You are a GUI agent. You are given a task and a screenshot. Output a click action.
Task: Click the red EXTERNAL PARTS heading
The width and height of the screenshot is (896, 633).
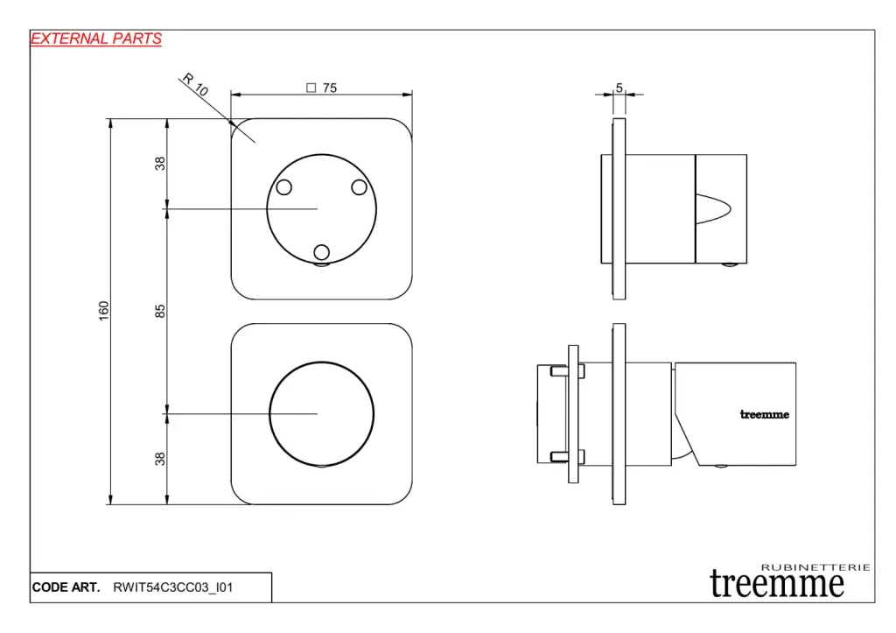[x=96, y=39]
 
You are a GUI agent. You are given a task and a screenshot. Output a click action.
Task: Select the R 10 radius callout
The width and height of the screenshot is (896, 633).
[x=195, y=85]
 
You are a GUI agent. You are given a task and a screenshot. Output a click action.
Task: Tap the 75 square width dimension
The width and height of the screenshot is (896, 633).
[x=330, y=88]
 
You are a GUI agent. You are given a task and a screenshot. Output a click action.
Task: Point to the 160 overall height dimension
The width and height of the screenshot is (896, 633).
[x=103, y=311]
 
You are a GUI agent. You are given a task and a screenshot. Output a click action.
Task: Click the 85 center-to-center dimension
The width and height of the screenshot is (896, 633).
[x=160, y=311]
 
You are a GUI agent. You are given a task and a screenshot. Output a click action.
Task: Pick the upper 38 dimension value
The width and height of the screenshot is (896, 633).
[x=160, y=164]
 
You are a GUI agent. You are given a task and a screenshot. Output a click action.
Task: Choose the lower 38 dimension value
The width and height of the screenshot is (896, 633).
[x=160, y=459]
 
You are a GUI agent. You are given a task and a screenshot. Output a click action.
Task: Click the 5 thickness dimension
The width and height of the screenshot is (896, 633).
[x=619, y=88]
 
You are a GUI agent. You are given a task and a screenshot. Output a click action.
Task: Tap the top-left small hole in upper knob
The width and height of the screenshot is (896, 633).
[x=284, y=187]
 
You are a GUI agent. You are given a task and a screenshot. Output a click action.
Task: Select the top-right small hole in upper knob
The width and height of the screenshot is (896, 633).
[x=360, y=187]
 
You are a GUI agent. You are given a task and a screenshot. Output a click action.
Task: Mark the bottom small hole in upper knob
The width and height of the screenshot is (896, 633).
[x=322, y=252]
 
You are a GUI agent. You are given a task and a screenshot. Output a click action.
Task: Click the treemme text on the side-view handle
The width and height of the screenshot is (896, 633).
[x=765, y=415]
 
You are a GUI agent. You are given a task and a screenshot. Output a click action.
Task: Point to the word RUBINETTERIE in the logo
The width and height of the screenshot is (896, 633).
[x=816, y=567]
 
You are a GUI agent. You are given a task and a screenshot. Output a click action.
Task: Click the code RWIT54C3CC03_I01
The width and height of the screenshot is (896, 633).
[x=173, y=587]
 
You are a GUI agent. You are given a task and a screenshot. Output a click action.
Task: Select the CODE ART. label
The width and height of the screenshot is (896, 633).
[x=66, y=587]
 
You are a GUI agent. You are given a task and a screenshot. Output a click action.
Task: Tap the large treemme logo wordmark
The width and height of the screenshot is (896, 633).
[x=777, y=584]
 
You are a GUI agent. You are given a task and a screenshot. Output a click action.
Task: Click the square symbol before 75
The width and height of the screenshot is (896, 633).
[x=311, y=88]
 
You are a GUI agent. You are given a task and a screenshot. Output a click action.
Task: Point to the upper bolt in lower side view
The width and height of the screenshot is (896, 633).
[x=567, y=372]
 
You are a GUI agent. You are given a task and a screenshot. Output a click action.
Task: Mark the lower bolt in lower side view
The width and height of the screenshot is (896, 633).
[x=567, y=456]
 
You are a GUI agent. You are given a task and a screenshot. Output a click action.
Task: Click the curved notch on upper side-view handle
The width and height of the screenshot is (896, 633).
[x=713, y=208]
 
